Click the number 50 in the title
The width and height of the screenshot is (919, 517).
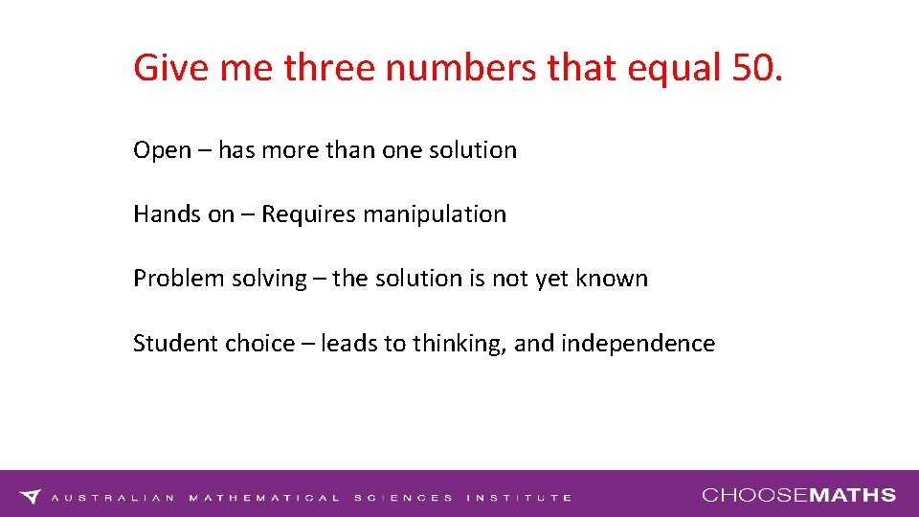tap(752, 67)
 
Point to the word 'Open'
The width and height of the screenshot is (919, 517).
tap(162, 150)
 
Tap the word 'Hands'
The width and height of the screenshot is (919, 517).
tap(168, 214)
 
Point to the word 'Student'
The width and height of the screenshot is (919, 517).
tap(175, 343)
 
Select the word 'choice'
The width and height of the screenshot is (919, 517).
tap(259, 343)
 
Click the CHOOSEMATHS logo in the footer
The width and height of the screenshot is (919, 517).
tap(799, 495)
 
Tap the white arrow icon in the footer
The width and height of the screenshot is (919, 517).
tap(32, 496)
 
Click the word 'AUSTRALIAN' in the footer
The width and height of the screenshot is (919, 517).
tap(113, 498)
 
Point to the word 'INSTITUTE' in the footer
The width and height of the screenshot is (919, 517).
tap(520, 498)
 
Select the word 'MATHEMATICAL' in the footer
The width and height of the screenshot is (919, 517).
tap(265, 498)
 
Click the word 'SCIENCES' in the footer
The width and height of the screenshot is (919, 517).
tap(403, 498)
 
